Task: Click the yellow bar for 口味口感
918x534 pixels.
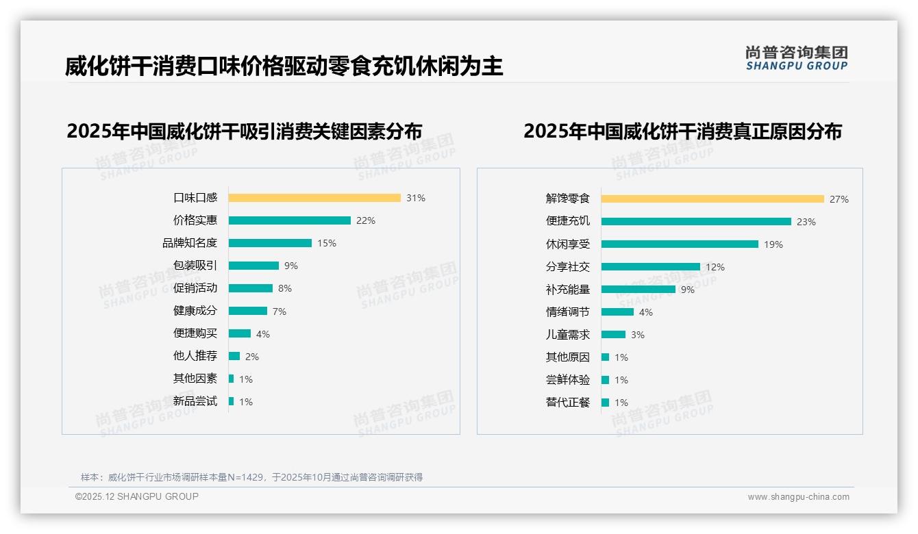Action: click(x=314, y=198)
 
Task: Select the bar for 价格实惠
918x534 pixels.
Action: click(x=290, y=220)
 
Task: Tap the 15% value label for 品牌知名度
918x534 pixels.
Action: click(x=326, y=243)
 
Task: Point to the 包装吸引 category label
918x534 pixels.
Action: click(x=195, y=266)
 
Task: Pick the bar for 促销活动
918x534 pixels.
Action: click(x=251, y=288)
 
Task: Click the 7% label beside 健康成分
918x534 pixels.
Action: click(x=279, y=311)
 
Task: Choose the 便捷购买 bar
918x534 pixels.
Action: click(x=240, y=333)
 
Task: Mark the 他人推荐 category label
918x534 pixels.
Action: click(x=195, y=356)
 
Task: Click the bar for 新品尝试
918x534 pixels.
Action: click(x=232, y=401)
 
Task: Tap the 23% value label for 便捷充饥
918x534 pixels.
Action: click(x=806, y=222)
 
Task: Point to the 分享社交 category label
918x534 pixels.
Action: click(x=567, y=267)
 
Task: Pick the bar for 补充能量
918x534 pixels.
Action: click(x=638, y=290)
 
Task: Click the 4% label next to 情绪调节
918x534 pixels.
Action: click(x=645, y=312)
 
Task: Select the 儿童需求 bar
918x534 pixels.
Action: click(x=614, y=335)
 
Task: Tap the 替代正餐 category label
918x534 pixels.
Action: click(x=567, y=403)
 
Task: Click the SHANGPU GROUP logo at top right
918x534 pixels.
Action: click(x=796, y=58)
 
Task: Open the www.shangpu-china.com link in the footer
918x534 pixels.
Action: click(x=798, y=497)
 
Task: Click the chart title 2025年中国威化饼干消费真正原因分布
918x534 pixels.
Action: click(x=682, y=131)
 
